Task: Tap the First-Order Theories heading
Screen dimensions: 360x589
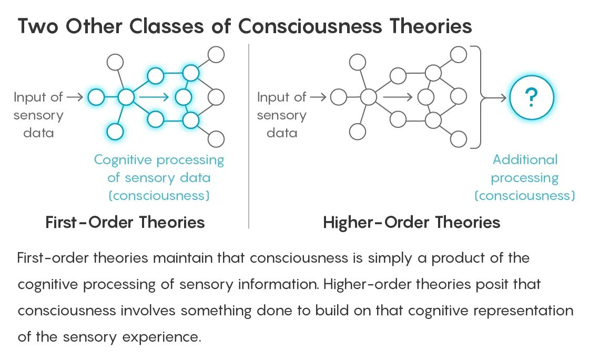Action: tap(125, 222)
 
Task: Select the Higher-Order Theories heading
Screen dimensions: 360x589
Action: tap(411, 222)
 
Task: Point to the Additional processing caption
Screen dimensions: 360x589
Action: tap(524, 177)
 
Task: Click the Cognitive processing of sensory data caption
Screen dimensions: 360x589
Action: tap(159, 177)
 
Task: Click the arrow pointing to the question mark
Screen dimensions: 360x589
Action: tap(495, 97)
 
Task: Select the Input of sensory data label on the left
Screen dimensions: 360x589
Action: tap(38, 115)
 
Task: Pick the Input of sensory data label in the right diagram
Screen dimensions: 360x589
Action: tap(282, 115)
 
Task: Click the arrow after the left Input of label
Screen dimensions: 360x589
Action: tap(75, 97)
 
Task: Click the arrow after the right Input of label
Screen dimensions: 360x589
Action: tap(318, 97)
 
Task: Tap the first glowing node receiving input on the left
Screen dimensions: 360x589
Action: tap(96, 97)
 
